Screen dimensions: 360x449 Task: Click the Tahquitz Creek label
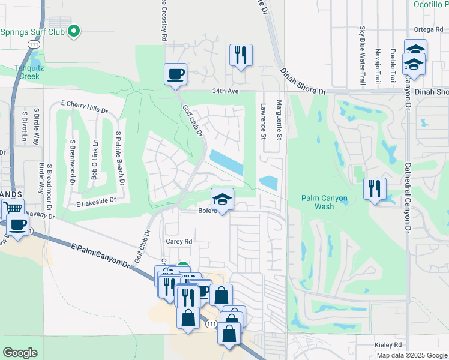28,71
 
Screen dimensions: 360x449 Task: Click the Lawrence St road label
263,121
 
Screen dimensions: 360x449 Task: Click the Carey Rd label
179,242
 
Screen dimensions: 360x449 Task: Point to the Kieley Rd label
389,345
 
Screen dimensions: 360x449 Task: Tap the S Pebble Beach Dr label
120,158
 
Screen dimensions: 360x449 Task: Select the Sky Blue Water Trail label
362,55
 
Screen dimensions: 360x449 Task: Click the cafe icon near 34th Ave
176,74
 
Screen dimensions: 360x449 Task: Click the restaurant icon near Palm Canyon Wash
375,189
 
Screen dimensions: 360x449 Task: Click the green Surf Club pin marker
74,31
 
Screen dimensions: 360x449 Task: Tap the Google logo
20,353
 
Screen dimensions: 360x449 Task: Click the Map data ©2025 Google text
412,355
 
